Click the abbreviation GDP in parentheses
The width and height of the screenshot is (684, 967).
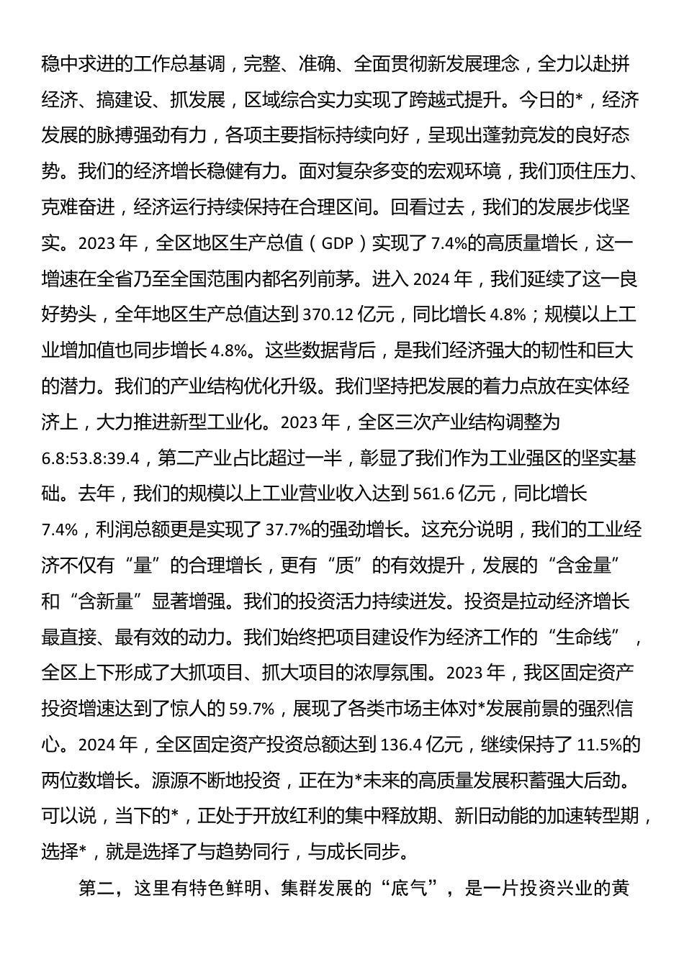coord(337,244)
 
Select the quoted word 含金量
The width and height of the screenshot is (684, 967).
coord(583,566)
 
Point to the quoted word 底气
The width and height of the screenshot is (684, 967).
coord(409,889)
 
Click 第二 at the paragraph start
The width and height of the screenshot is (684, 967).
coord(96,889)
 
